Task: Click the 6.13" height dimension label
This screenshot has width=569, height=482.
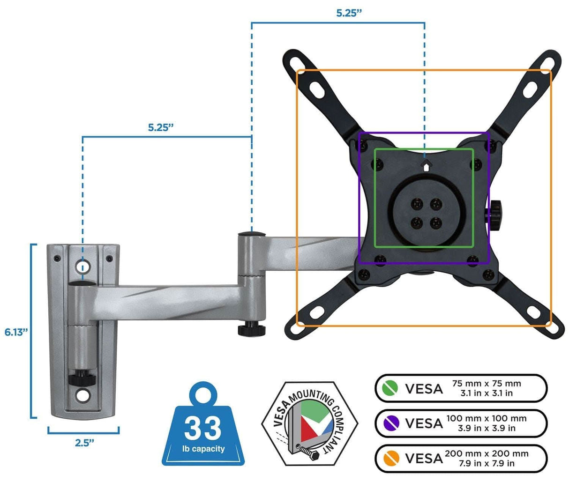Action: [16, 332]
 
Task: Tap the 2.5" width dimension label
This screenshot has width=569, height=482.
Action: [84, 443]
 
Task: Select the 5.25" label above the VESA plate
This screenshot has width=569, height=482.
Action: [349, 13]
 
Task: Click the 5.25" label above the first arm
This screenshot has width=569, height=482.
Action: [161, 127]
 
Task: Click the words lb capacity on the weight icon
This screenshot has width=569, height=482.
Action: [203, 449]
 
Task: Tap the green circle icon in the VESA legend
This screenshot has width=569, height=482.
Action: [390, 388]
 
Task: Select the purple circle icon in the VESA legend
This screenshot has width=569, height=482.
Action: [390, 423]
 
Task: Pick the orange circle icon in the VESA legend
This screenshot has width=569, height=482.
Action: [390, 458]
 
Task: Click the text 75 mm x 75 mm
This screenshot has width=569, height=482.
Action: [486, 383]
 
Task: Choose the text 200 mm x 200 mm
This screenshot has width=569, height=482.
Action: [486, 453]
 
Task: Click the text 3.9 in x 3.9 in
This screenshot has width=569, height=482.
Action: [486, 428]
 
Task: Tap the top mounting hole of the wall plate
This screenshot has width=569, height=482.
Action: [83, 267]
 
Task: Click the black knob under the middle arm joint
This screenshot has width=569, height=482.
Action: [248, 330]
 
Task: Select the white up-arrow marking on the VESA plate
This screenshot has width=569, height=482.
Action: [426, 165]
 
